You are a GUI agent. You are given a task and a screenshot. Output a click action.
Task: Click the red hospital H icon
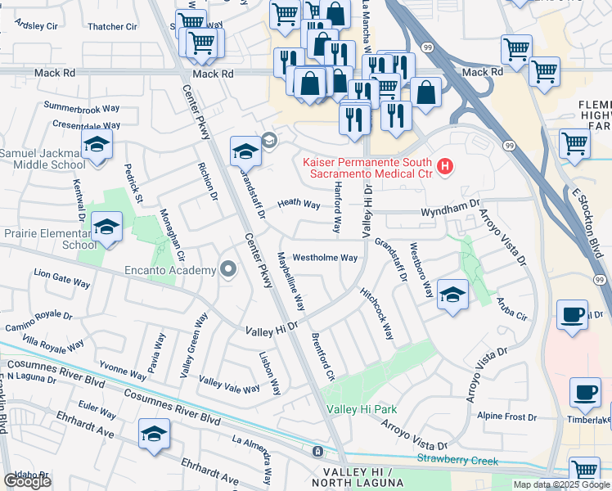click(445, 167)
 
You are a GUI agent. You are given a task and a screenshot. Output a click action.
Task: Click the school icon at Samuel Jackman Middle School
click(97, 146)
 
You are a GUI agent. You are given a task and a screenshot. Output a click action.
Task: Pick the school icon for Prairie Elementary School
click(106, 228)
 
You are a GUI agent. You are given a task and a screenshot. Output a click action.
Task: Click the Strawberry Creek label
click(457, 462)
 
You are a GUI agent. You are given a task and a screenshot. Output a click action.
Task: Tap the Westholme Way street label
click(325, 258)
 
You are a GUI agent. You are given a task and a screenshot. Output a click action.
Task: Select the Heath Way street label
click(298, 204)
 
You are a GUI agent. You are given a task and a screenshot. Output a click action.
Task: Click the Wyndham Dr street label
click(448, 211)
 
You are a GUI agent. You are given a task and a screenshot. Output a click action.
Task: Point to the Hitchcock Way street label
click(376, 313)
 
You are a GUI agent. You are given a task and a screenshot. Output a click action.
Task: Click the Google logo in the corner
click(27, 481)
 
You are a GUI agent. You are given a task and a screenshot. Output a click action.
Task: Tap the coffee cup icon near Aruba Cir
click(572, 314)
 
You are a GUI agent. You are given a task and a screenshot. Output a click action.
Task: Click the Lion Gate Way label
click(61, 282)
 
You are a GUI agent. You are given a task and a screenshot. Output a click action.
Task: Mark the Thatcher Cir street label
click(112, 27)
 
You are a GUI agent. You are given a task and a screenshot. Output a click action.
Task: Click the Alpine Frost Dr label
click(506, 416)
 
